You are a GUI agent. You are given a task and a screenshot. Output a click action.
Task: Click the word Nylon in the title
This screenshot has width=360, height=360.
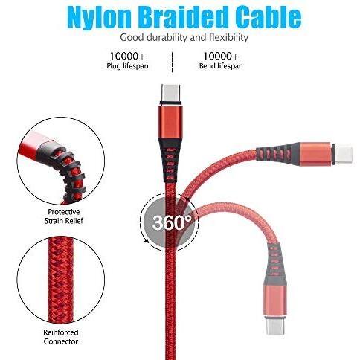tap(99, 17)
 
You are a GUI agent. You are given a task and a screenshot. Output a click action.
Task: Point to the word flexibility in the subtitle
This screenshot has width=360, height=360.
tap(228, 38)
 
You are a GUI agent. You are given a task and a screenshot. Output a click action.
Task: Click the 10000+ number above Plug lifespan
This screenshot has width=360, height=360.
tap(127, 57)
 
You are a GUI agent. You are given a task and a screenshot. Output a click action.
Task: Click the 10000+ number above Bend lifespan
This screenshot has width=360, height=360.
tap(221, 57)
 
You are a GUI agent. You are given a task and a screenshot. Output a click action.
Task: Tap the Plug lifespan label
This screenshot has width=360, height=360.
tap(127, 66)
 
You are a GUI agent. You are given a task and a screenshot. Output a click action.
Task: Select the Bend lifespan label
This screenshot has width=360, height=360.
tap(221, 66)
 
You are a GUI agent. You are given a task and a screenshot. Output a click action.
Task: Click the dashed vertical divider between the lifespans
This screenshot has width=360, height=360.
tap(172, 62)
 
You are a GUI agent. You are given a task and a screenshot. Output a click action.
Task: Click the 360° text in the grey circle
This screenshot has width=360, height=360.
tap(172, 222)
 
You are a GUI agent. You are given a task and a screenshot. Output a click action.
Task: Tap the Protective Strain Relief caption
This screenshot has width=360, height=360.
tap(64, 216)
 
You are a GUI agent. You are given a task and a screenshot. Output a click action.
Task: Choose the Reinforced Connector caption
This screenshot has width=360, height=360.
tap(61, 337)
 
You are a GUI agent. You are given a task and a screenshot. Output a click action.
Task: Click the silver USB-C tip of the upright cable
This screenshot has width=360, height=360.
tap(171, 94)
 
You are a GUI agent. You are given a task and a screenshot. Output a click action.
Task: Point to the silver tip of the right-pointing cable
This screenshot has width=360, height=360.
tap(344, 155)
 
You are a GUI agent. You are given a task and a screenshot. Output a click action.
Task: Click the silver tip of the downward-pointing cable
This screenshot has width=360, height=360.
tap(275, 325)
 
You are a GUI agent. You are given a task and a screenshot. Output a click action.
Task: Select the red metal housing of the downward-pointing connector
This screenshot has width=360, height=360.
tap(275, 299)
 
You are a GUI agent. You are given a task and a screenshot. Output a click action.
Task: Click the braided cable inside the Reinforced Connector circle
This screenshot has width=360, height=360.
tap(61, 280)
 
